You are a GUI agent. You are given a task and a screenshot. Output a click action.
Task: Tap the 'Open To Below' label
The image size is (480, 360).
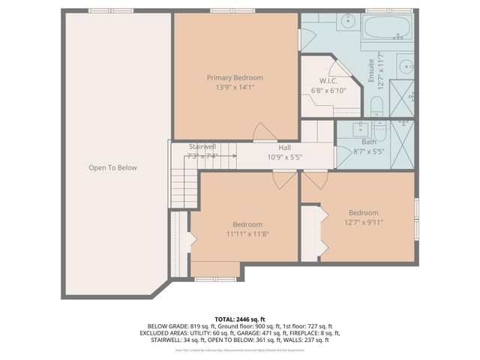click(112, 168)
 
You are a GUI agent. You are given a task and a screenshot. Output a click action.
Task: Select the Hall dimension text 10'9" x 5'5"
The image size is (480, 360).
click(284, 157)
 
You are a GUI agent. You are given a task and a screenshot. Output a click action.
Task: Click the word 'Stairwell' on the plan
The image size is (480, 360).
click(202, 146)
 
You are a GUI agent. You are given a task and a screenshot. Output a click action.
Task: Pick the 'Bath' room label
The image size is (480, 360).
click(368, 142)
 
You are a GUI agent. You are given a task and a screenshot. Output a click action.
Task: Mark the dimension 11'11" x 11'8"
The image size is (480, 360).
click(247, 235)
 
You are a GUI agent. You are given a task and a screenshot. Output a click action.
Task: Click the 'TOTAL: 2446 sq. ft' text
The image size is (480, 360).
click(240, 319)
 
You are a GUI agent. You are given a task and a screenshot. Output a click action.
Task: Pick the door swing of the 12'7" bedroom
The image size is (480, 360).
click(312, 180)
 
